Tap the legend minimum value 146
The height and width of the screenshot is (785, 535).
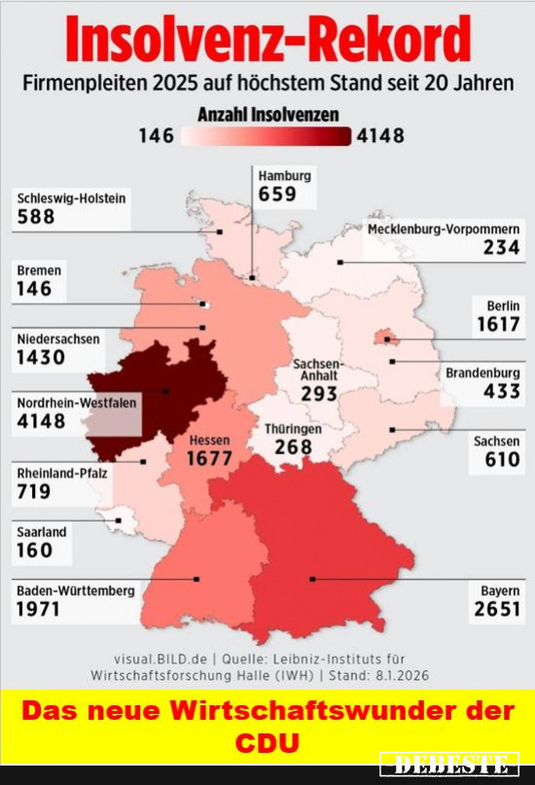pos(157,136)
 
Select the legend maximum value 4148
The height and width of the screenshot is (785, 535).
pos(380,136)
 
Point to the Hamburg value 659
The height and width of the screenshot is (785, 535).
pos(276,194)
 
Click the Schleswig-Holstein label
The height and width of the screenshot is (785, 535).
pos(71,198)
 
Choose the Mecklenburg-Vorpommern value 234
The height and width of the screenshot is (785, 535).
pos(501,248)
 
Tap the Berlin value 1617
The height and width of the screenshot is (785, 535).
pos(498,324)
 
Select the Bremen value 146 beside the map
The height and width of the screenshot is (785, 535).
pos(34,289)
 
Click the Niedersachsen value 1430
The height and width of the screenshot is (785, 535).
pos(41,357)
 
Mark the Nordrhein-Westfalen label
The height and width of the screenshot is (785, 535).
pos(76,402)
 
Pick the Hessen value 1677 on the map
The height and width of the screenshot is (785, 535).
pos(209,458)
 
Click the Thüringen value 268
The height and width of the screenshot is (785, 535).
pos(293,446)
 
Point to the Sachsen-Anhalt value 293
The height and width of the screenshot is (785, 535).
pos(318,394)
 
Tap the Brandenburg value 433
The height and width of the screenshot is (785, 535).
pos(501,392)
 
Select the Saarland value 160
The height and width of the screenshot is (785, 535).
pos(34,551)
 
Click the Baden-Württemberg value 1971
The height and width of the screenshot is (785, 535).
pos(39,609)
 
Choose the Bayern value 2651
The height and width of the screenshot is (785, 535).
pos(497,609)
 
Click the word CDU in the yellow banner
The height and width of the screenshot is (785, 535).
pos(267,742)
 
